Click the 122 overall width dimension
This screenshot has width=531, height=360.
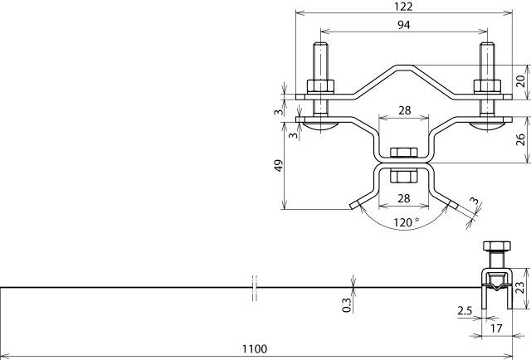404,7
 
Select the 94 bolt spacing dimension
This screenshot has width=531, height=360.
404,25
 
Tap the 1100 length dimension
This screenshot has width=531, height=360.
255,350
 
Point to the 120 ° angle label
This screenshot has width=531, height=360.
405,222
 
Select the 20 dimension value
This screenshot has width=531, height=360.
520,80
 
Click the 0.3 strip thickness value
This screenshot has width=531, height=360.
346,304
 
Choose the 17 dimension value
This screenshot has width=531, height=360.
495,328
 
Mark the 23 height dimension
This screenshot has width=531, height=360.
520,288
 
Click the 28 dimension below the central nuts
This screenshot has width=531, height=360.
404,197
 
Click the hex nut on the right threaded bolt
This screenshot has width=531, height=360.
485,85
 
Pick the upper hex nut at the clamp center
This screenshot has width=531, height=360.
404,152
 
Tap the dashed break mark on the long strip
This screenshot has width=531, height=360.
255,287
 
